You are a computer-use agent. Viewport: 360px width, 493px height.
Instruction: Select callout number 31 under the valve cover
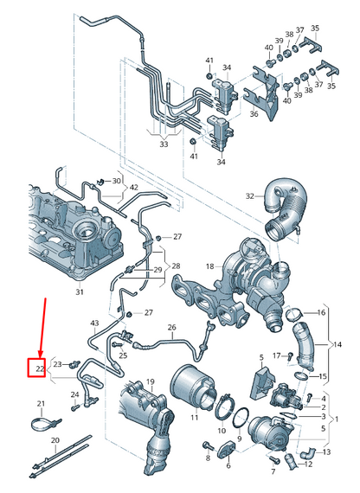tap(80, 292)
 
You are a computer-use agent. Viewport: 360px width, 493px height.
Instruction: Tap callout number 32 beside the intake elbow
tap(250, 196)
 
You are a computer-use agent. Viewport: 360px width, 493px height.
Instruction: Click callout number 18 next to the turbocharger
tap(209, 266)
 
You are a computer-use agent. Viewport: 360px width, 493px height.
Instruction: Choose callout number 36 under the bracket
tap(254, 113)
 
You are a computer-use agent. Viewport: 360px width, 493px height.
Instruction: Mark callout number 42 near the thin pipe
tap(132, 186)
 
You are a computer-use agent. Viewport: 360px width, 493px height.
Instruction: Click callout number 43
tap(95, 323)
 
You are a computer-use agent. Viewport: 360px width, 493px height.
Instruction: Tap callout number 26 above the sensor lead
tap(171, 327)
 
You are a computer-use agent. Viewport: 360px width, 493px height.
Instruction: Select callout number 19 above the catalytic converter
tap(150, 381)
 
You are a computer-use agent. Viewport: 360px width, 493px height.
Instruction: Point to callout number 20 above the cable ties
tap(54, 439)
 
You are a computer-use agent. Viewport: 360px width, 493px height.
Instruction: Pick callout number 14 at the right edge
tap(338, 343)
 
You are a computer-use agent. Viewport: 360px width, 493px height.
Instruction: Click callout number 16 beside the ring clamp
tap(322, 311)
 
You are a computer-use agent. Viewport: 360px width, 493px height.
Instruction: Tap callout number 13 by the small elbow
tap(327, 451)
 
